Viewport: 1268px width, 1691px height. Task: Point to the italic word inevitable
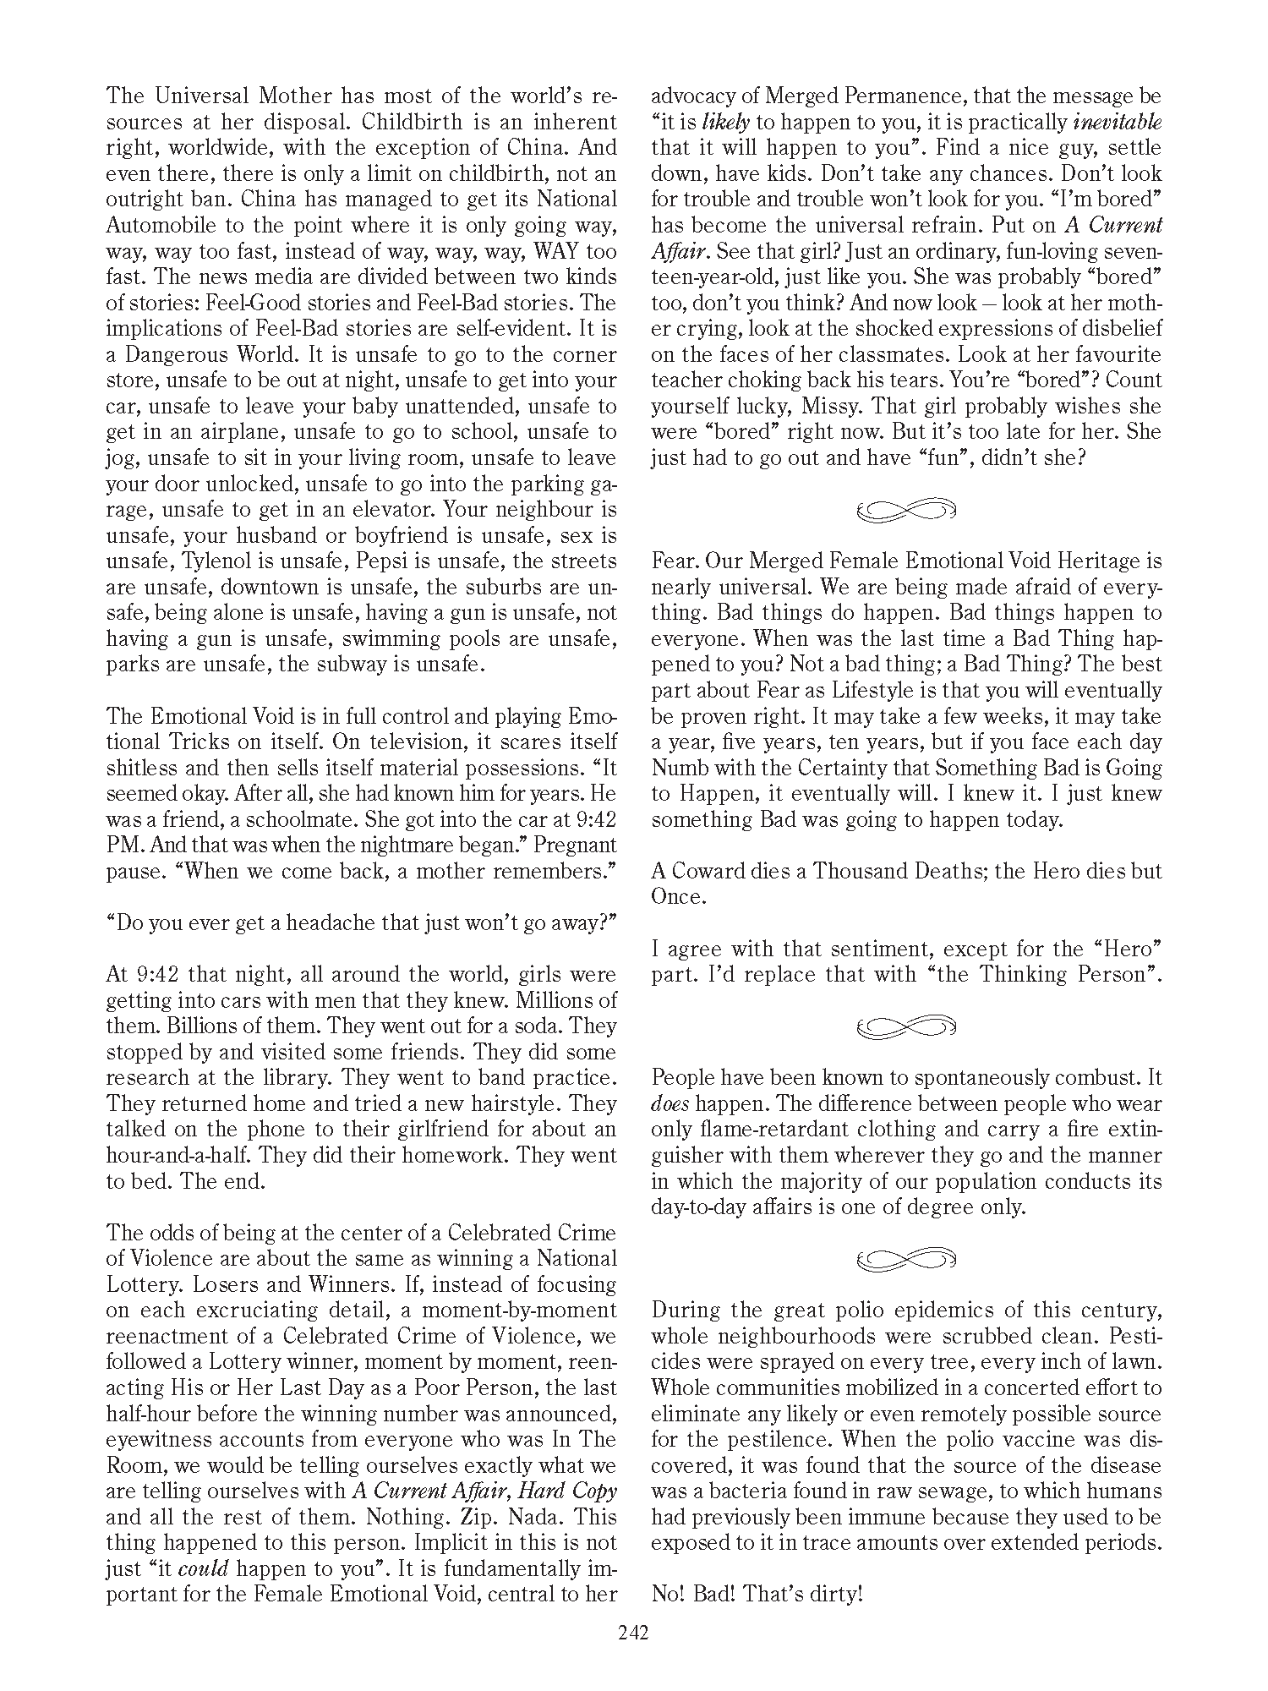[x=1117, y=123]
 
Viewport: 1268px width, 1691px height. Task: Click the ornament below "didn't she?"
[x=905, y=510]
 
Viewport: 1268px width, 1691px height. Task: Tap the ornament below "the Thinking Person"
[x=905, y=1026]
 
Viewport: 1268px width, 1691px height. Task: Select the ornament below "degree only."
[x=905, y=1259]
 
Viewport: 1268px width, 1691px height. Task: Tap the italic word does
[x=668, y=1103]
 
